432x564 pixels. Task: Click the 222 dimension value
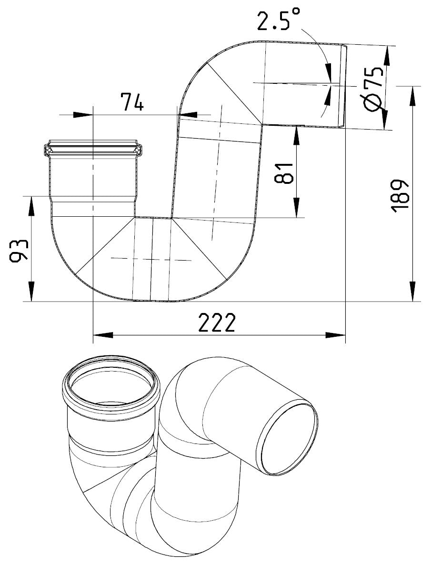[x=217, y=322]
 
